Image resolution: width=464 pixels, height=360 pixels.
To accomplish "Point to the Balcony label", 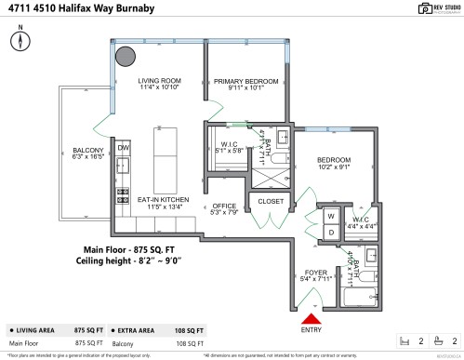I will (x=89, y=154).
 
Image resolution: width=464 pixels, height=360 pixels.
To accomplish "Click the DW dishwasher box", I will (x=124, y=147).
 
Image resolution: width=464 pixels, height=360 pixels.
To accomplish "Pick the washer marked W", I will (x=329, y=216).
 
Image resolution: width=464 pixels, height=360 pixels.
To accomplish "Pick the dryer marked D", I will (x=329, y=232).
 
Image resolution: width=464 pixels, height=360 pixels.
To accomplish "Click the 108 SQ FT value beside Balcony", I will (x=190, y=342).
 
